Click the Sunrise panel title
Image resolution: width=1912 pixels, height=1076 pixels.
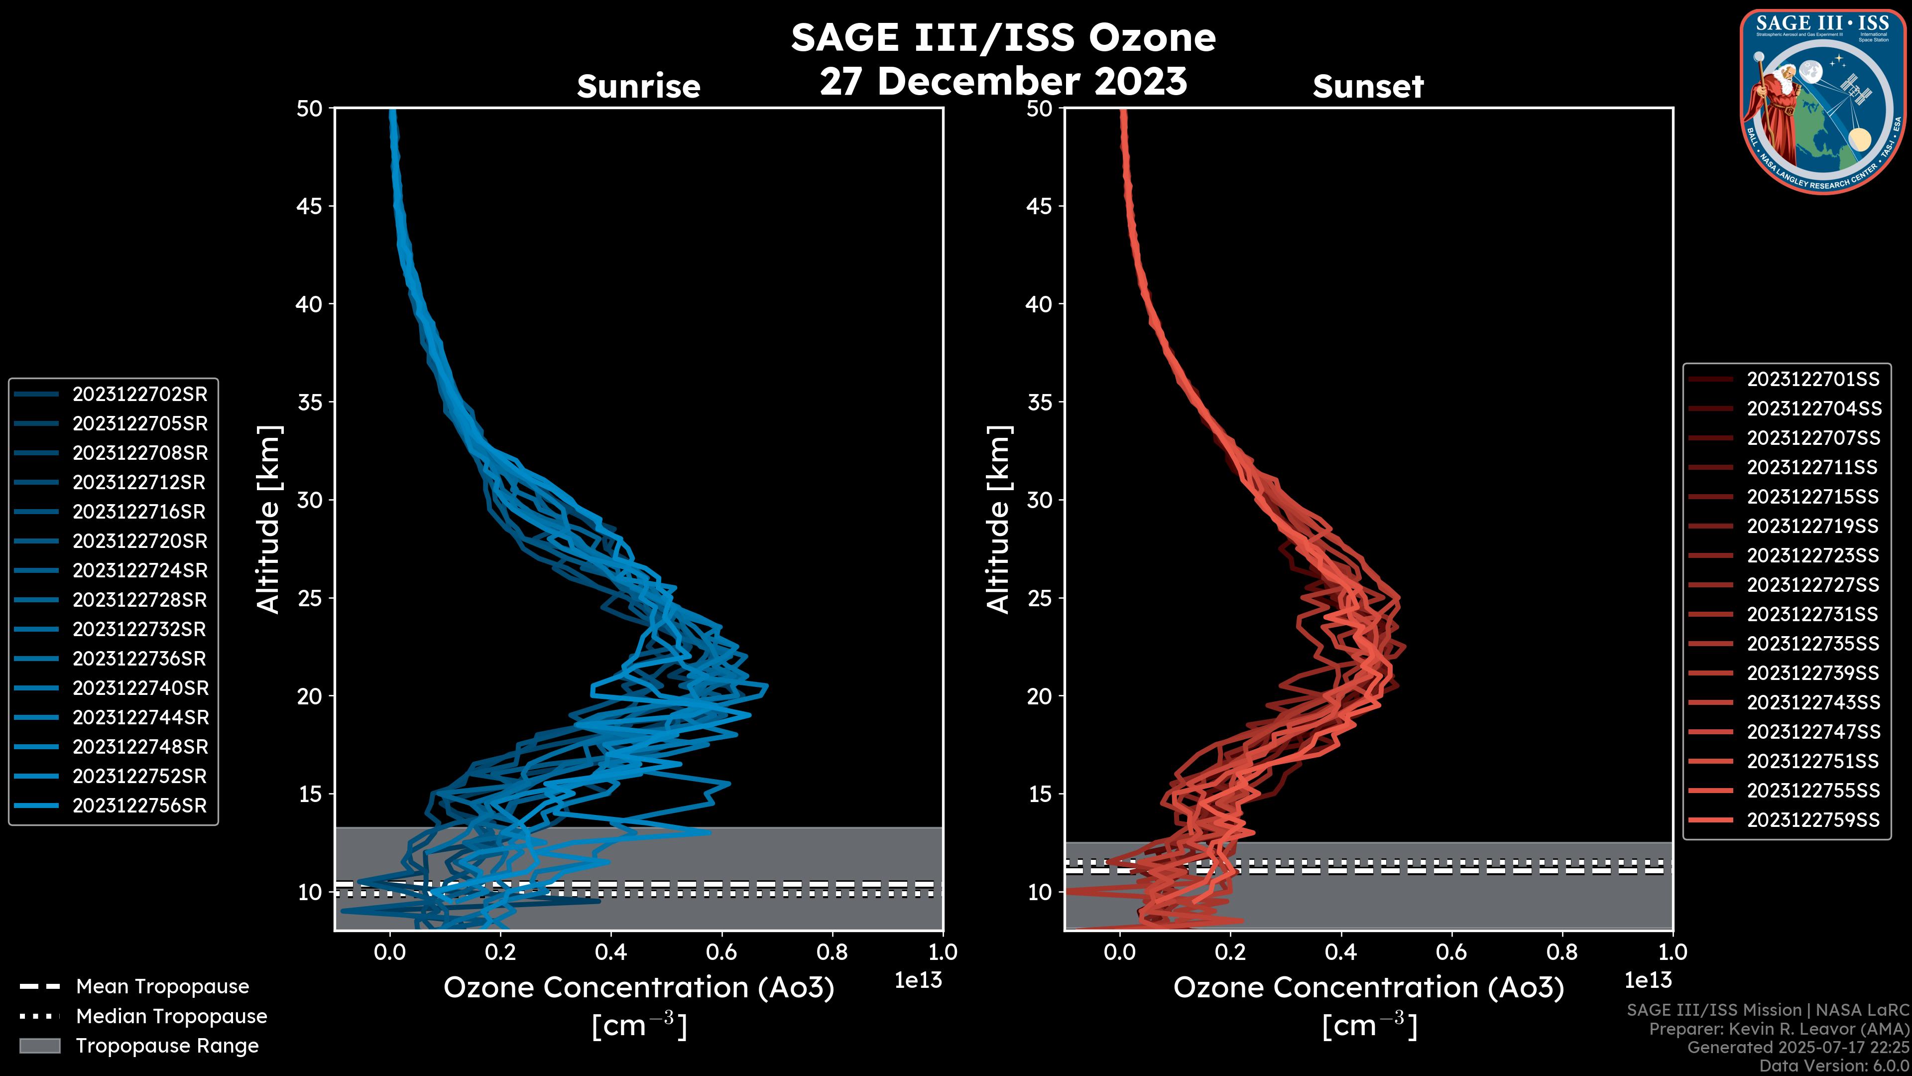pos(638,87)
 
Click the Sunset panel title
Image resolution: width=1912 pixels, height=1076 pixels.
pos(1368,87)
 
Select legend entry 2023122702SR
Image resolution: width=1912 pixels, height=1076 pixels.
pos(139,395)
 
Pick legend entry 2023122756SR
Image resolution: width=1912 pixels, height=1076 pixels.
pos(139,806)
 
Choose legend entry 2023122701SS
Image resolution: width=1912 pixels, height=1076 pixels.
pos(1812,380)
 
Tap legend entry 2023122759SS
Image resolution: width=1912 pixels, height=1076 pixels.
pos(1812,820)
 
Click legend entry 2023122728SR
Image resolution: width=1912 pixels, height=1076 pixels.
pos(139,600)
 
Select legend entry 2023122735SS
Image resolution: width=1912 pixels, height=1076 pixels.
pos(1812,644)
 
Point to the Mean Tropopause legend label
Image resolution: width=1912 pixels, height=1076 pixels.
pos(162,987)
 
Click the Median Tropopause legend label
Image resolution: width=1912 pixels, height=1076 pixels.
pos(171,1017)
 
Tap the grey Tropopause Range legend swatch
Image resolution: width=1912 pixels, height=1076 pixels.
pos(39,1046)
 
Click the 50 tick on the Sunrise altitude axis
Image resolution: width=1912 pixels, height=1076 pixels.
pos(310,109)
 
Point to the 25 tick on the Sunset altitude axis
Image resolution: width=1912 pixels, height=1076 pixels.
pos(1041,598)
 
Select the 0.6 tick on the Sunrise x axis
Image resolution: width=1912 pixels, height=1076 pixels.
pos(721,952)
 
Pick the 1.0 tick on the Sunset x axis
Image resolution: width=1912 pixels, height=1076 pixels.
pos(1673,952)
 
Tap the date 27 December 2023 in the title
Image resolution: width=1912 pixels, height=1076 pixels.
pos(1003,81)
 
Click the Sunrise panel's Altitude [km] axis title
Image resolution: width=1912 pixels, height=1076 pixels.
pos(269,520)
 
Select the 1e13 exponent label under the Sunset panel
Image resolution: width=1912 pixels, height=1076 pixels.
pos(1648,980)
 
